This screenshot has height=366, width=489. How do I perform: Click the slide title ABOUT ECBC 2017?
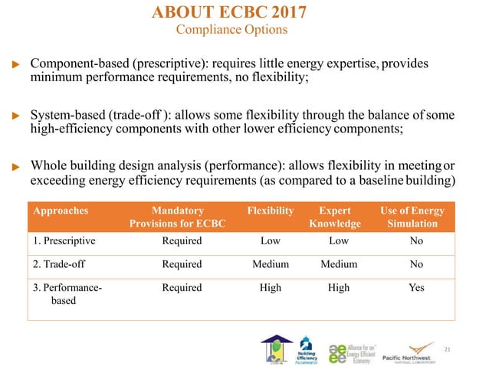click(231, 13)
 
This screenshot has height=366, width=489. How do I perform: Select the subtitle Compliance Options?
click(231, 31)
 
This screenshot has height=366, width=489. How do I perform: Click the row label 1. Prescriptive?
click(65, 240)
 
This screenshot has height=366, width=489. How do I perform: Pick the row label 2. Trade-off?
click(61, 264)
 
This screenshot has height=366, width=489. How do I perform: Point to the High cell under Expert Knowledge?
click(338, 288)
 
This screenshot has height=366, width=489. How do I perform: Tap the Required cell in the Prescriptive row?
click(182, 240)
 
